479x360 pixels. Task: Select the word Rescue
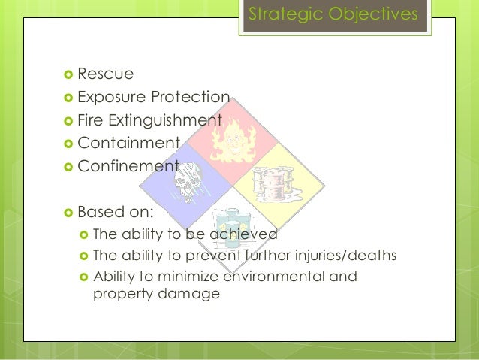point(105,74)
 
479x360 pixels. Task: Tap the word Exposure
point(110,97)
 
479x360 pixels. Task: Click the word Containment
point(128,143)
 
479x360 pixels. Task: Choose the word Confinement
point(128,166)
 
